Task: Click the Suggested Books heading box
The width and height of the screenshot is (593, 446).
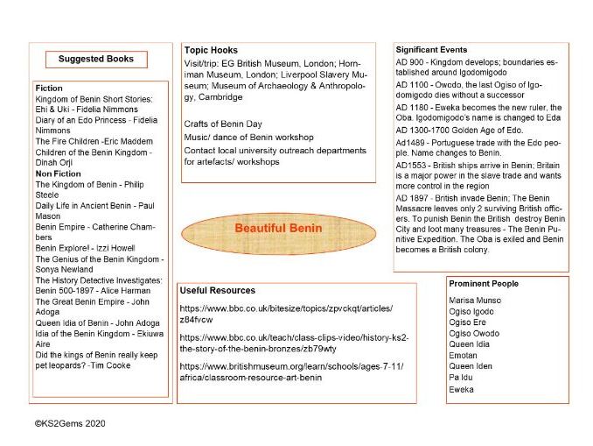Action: pyautogui.click(x=96, y=60)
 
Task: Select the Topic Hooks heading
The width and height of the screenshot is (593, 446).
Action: pyautogui.click(x=211, y=50)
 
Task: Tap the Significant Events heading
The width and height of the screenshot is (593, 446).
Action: pyautogui.click(x=431, y=50)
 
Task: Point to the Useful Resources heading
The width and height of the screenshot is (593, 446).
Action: pyautogui.click(x=217, y=290)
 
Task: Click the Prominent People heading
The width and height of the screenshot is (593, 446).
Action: pyautogui.click(x=483, y=284)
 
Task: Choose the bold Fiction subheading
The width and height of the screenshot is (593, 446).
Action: pyautogui.click(x=49, y=88)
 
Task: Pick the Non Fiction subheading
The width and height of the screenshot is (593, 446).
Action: pyautogui.click(x=58, y=173)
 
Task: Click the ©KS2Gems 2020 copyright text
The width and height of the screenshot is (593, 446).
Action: pyautogui.click(x=70, y=423)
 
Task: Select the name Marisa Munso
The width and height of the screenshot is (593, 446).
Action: pyautogui.click(x=474, y=301)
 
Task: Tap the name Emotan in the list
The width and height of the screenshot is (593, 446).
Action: pyautogui.click(x=463, y=356)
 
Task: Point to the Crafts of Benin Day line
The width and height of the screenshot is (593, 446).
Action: pyautogui.click(x=222, y=124)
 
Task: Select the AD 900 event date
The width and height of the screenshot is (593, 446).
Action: pyautogui.click(x=410, y=63)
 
